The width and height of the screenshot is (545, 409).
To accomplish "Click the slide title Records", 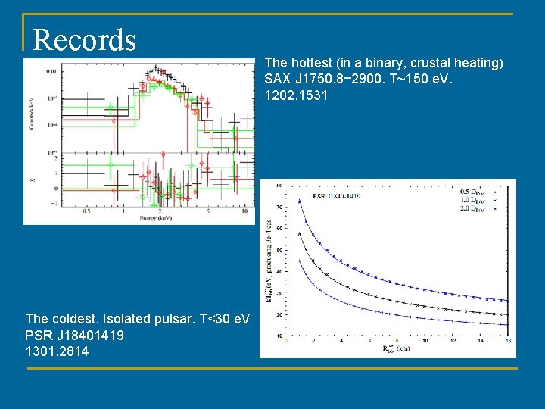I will [x=84, y=39].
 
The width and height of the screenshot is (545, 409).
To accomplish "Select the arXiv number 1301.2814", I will [x=57, y=351].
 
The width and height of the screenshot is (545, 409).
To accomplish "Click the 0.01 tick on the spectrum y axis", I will [x=51, y=70].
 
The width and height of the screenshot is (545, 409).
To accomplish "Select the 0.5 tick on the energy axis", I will [x=87, y=211].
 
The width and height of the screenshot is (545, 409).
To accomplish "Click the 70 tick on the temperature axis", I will [x=279, y=206].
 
